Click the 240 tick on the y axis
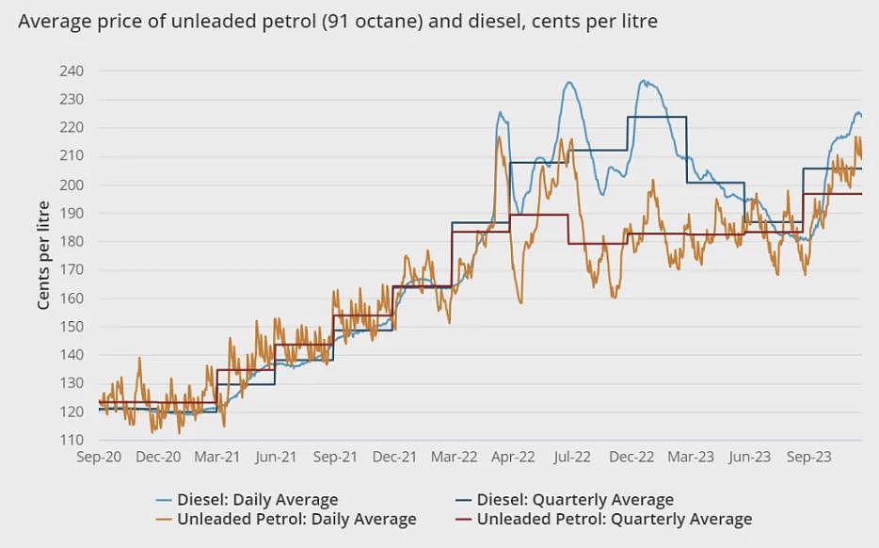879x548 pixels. tap(72, 72)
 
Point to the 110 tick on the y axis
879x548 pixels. tap(72, 440)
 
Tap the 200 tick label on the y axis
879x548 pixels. tap(72, 185)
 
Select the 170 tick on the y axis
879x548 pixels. tap(72, 270)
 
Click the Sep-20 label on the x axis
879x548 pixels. tap(99, 457)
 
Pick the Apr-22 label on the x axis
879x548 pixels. tap(513, 457)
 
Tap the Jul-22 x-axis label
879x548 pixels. tap(572, 457)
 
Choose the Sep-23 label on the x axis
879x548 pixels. tap(809, 457)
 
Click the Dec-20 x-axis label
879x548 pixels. tap(158, 457)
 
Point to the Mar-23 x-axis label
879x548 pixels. tap(691, 457)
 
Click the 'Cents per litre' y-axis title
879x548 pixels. tap(43, 255)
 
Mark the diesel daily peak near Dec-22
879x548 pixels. tap(644, 81)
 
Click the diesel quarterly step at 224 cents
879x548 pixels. tap(657, 117)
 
